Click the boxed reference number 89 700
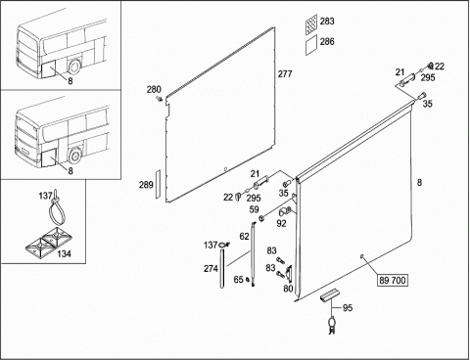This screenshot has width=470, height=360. (x=393, y=280)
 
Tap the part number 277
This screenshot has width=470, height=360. (x=285, y=74)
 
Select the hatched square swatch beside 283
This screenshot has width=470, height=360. (x=311, y=24)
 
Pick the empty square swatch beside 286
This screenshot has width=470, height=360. (x=311, y=45)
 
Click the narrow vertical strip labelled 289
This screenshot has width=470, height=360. (x=158, y=184)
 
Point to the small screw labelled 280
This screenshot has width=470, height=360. (x=160, y=98)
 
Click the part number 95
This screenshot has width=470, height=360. (x=348, y=307)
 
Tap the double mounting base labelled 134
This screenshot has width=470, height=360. (x=43, y=243)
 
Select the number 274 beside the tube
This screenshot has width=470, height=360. (x=211, y=268)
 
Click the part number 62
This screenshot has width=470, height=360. (x=244, y=237)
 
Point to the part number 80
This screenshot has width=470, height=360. (x=288, y=289)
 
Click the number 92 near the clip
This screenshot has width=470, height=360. (x=281, y=223)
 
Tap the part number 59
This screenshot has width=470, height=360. (x=254, y=209)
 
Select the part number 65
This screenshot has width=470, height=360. (x=239, y=280)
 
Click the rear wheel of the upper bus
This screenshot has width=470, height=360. (x=74, y=67)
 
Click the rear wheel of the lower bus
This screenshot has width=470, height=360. (x=74, y=157)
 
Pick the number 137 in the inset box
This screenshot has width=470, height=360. (x=45, y=196)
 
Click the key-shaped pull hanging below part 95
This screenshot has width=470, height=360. (x=332, y=325)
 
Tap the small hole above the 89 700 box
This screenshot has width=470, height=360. (x=362, y=257)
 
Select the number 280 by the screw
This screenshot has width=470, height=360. (x=154, y=89)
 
